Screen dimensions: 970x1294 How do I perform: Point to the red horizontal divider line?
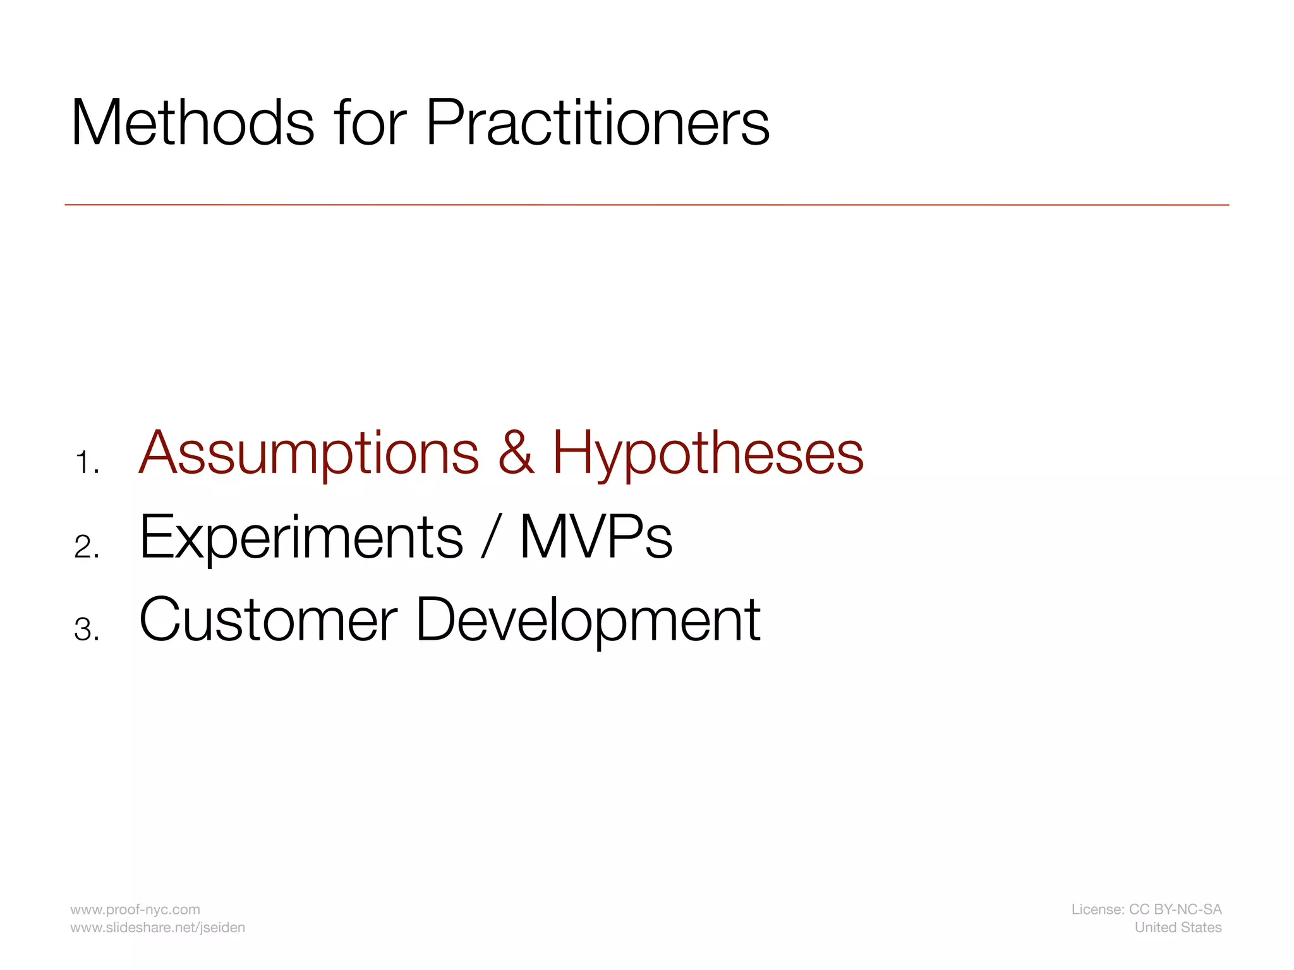[646, 205]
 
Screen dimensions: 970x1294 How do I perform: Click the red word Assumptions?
[309, 453]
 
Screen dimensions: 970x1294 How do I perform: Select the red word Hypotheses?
[708, 453]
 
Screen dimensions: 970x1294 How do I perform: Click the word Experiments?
[301, 537]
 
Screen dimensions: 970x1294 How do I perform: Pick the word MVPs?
[596, 537]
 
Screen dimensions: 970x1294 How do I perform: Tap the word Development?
[588, 620]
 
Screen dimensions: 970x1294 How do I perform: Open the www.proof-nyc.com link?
[135, 909]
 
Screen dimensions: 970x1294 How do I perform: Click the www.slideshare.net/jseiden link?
[157, 927]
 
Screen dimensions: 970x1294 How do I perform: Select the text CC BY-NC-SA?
[1175, 909]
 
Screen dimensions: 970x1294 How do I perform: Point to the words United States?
[1178, 927]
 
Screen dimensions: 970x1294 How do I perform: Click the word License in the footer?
[1097, 909]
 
